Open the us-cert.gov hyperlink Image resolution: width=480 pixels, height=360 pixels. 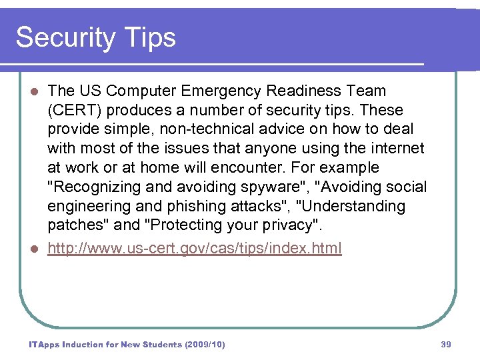[195, 249]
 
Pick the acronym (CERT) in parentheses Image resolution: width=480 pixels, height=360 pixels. [73, 110]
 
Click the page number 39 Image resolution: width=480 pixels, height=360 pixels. [446, 345]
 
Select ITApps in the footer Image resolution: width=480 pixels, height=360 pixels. [44, 345]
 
